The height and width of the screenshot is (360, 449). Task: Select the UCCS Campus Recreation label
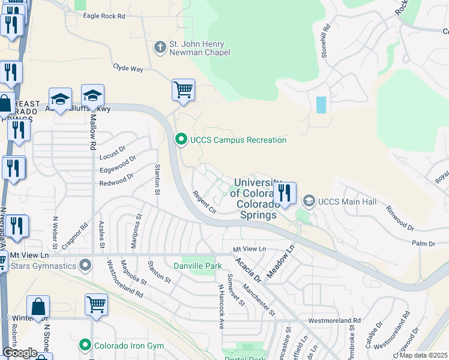(x=238, y=140)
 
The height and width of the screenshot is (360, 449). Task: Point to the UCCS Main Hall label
(x=347, y=202)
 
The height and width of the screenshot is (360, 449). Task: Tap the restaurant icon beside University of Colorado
(x=285, y=193)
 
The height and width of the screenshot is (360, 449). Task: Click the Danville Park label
(x=193, y=265)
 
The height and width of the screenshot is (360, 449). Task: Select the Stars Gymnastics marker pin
(x=86, y=264)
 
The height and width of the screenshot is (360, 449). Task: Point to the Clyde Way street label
(x=128, y=69)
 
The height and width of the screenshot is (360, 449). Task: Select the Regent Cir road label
(x=204, y=201)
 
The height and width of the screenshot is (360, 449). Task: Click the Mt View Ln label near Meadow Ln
(x=249, y=249)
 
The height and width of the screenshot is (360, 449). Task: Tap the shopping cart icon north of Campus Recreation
(x=183, y=90)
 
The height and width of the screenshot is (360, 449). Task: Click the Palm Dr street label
(x=423, y=244)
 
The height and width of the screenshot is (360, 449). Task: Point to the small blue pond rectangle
(x=321, y=105)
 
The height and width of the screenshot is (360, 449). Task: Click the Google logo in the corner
(x=20, y=353)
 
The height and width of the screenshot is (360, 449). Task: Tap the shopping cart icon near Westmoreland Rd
(x=96, y=304)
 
